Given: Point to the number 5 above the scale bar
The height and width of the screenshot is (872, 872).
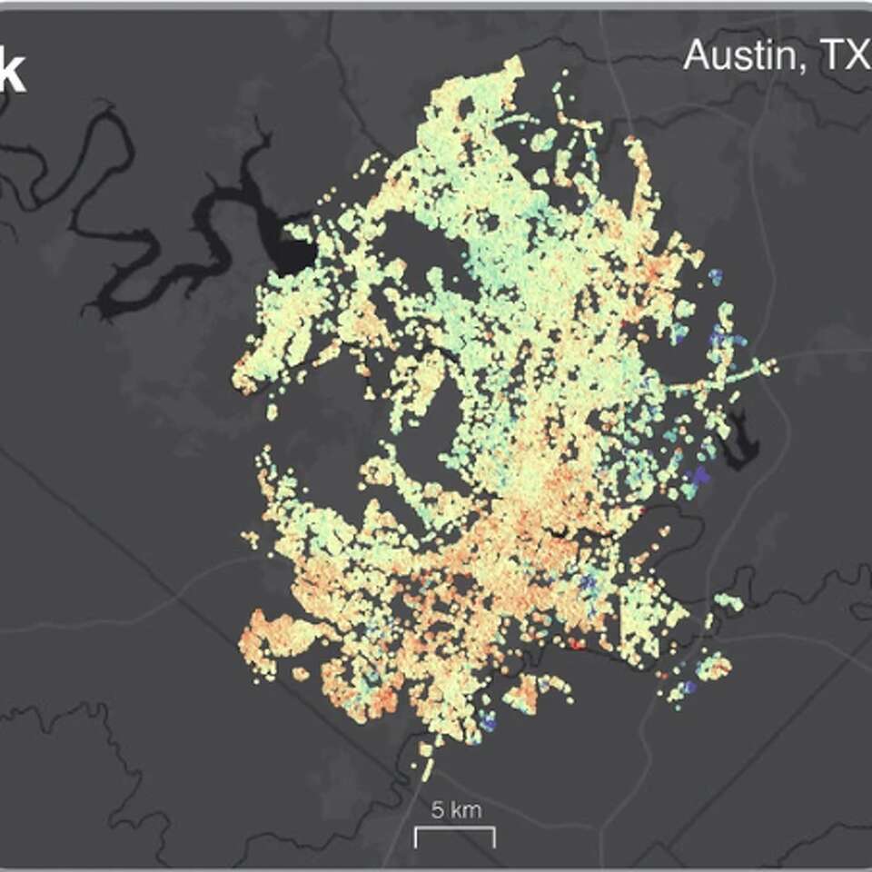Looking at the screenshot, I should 437,810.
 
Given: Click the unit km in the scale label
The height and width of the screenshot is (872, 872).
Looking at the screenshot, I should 463,810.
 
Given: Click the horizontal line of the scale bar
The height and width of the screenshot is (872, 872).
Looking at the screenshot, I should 455,829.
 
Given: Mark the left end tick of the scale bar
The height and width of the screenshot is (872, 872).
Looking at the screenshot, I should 417,837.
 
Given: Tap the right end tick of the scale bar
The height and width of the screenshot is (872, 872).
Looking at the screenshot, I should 494,837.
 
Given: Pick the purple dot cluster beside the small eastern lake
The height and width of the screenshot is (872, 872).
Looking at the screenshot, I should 700,474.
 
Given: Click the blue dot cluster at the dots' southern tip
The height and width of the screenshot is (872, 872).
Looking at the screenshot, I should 488,723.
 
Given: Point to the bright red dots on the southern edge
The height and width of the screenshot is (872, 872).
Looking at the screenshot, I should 576,645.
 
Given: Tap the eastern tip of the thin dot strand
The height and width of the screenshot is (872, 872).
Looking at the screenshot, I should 773,365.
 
